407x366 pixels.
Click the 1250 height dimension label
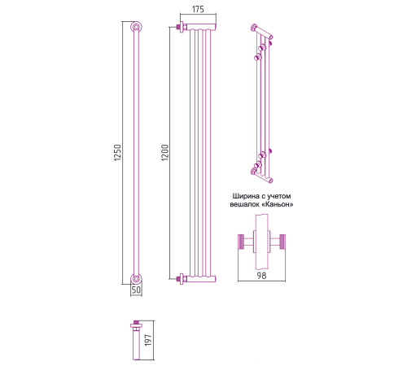pyautogui.click(x=117, y=153)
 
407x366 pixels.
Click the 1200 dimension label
pyautogui.click(x=164, y=153)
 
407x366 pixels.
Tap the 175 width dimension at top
pyautogui.click(x=198, y=9)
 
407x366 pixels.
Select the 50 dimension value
pyautogui.click(x=136, y=290)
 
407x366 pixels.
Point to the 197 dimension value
pyautogui.click(x=148, y=340)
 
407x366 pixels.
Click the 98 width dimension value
pyautogui.click(x=261, y=276)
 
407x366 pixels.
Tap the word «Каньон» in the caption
pyautogui.click(x=278, y=204)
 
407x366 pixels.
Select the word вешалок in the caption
pyautogui.click(x=246, y=204)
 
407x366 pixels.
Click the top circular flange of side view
pyautogui.click(x=136, y=27)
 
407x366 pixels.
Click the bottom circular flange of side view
pyautogui.click(x=136, y=279)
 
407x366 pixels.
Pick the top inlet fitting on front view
pyautogui.click(x=182, y=27)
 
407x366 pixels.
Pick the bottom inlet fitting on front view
pyautogui.click(x=182, y=279)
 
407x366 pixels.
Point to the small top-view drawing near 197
pyautogui.click(x=136, y=340)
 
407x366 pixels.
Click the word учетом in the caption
pyautogui.click(x=279, y=196)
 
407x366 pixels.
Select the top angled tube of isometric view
pyautogui.click(x=262, y=32)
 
